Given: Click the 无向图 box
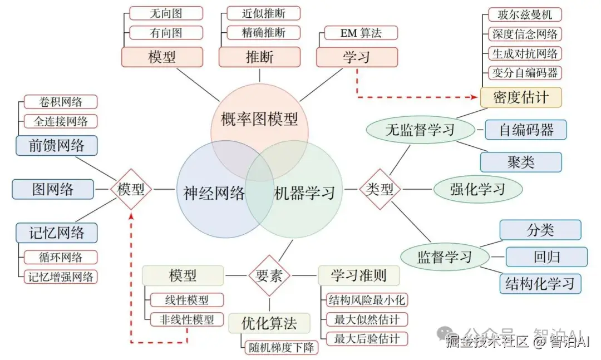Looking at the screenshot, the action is [166, 13].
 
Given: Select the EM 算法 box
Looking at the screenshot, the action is [361, 33].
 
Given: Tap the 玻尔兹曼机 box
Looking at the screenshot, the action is [525, 14].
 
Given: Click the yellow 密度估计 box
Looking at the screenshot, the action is [520, 97].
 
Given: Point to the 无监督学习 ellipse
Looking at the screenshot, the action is [421, 130].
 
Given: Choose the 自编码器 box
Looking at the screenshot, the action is [526, 130].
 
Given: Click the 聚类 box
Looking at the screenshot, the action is [521, 162].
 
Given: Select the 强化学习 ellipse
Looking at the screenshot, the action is [477, 189].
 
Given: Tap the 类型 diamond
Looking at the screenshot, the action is [380, 189].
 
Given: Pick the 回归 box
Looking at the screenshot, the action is [546, 257].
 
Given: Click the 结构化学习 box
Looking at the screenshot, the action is [540, 284].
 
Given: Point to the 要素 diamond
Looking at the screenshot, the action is [269, 275].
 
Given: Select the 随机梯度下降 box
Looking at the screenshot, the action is [282, 347].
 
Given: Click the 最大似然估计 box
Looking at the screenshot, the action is [367, 319].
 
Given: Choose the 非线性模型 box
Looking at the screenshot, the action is [186, 319].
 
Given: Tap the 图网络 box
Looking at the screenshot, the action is [52, 189].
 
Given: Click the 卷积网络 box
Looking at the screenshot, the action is [61, 102].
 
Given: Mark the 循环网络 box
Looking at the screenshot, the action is [61, 257].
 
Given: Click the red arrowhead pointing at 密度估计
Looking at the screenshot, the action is [476, 97].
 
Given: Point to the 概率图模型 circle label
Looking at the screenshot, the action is [259, 119].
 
